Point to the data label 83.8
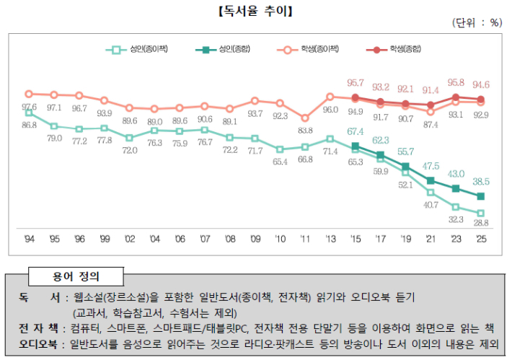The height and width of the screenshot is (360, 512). coord(305,130)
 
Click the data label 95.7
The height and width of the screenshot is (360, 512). coord(356,83)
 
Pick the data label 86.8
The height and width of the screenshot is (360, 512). coord(29,125)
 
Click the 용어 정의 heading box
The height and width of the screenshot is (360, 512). coord(76,275)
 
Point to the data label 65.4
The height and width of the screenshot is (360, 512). coord(280,162)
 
